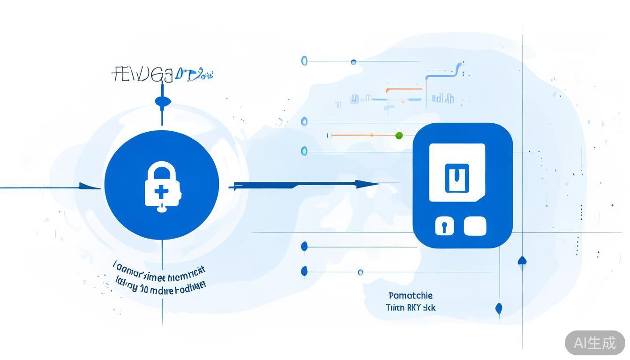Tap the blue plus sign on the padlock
(x=160, y=191)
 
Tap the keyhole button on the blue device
(x=444, y=226)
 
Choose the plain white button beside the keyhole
(x=475, y=226)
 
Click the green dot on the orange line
(x=399, y=135)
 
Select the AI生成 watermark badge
(x=595, y=343)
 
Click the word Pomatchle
(x=411, y=296)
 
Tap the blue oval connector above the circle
(x=162, y=100)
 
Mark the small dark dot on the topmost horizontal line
(x=353, y=62)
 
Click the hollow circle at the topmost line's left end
(x=304, y=60)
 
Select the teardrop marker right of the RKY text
(x=499, y=308)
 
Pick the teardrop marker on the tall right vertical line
(x=522, y=261)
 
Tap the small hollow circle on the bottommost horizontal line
(x=360, y=272)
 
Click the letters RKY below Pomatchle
(x=414, y=308)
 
